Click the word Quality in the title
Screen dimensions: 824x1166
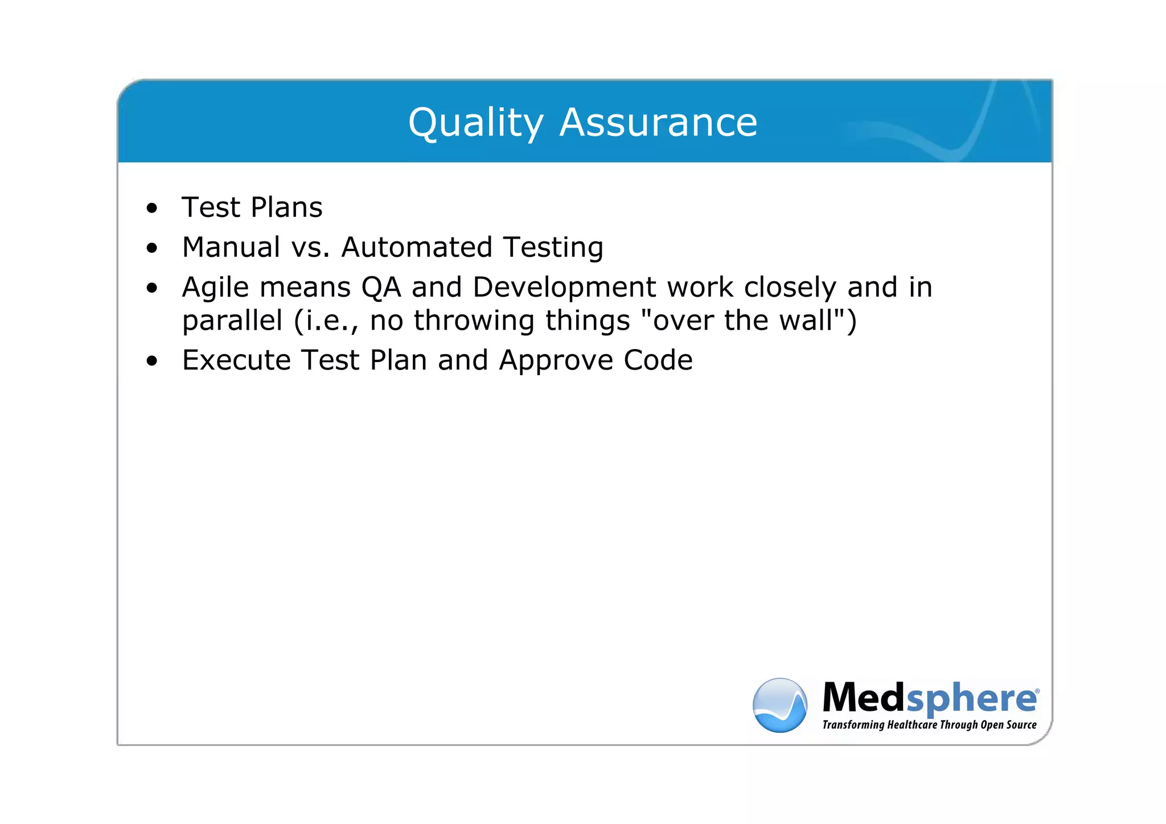pos(475,123)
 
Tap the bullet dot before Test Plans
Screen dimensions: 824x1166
pos(151,208)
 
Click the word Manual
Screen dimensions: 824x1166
pos(231,247)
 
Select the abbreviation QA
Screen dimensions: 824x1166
pos(381,288)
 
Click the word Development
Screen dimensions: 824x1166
pos(564,288)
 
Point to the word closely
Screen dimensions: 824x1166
pos(790,288)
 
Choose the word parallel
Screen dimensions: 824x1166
pos(232,321)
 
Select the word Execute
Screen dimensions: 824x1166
pos(236,360)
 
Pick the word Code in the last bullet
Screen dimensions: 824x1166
pos(658,360)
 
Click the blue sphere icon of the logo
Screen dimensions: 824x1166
pos(779,705)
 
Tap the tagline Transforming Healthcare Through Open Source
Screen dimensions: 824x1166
pos(929,725)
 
